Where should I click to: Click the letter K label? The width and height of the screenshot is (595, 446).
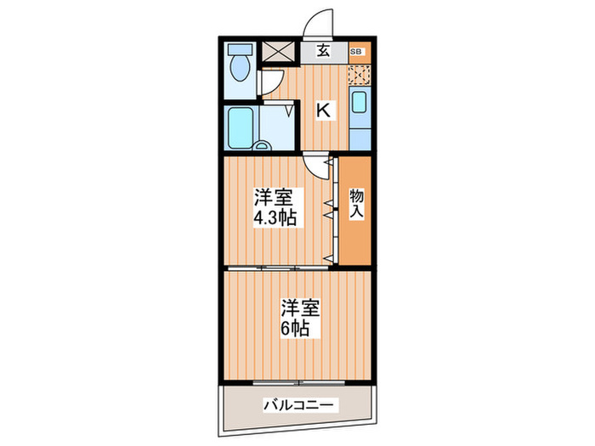pyautogui.click(x=324, y=110)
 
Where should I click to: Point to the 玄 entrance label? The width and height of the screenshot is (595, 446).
pyautogui.click(x=324, y=50)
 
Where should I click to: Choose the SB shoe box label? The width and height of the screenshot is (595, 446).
pyautogui.click(x=359, y=51)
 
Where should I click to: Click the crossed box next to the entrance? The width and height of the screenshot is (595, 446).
pyautogui.click(x=278, y=51)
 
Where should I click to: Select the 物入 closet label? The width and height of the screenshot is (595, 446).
pyautogui.click(x=357, y=205)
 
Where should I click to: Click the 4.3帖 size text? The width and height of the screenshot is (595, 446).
pyautogui.click(x=274, y=219)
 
